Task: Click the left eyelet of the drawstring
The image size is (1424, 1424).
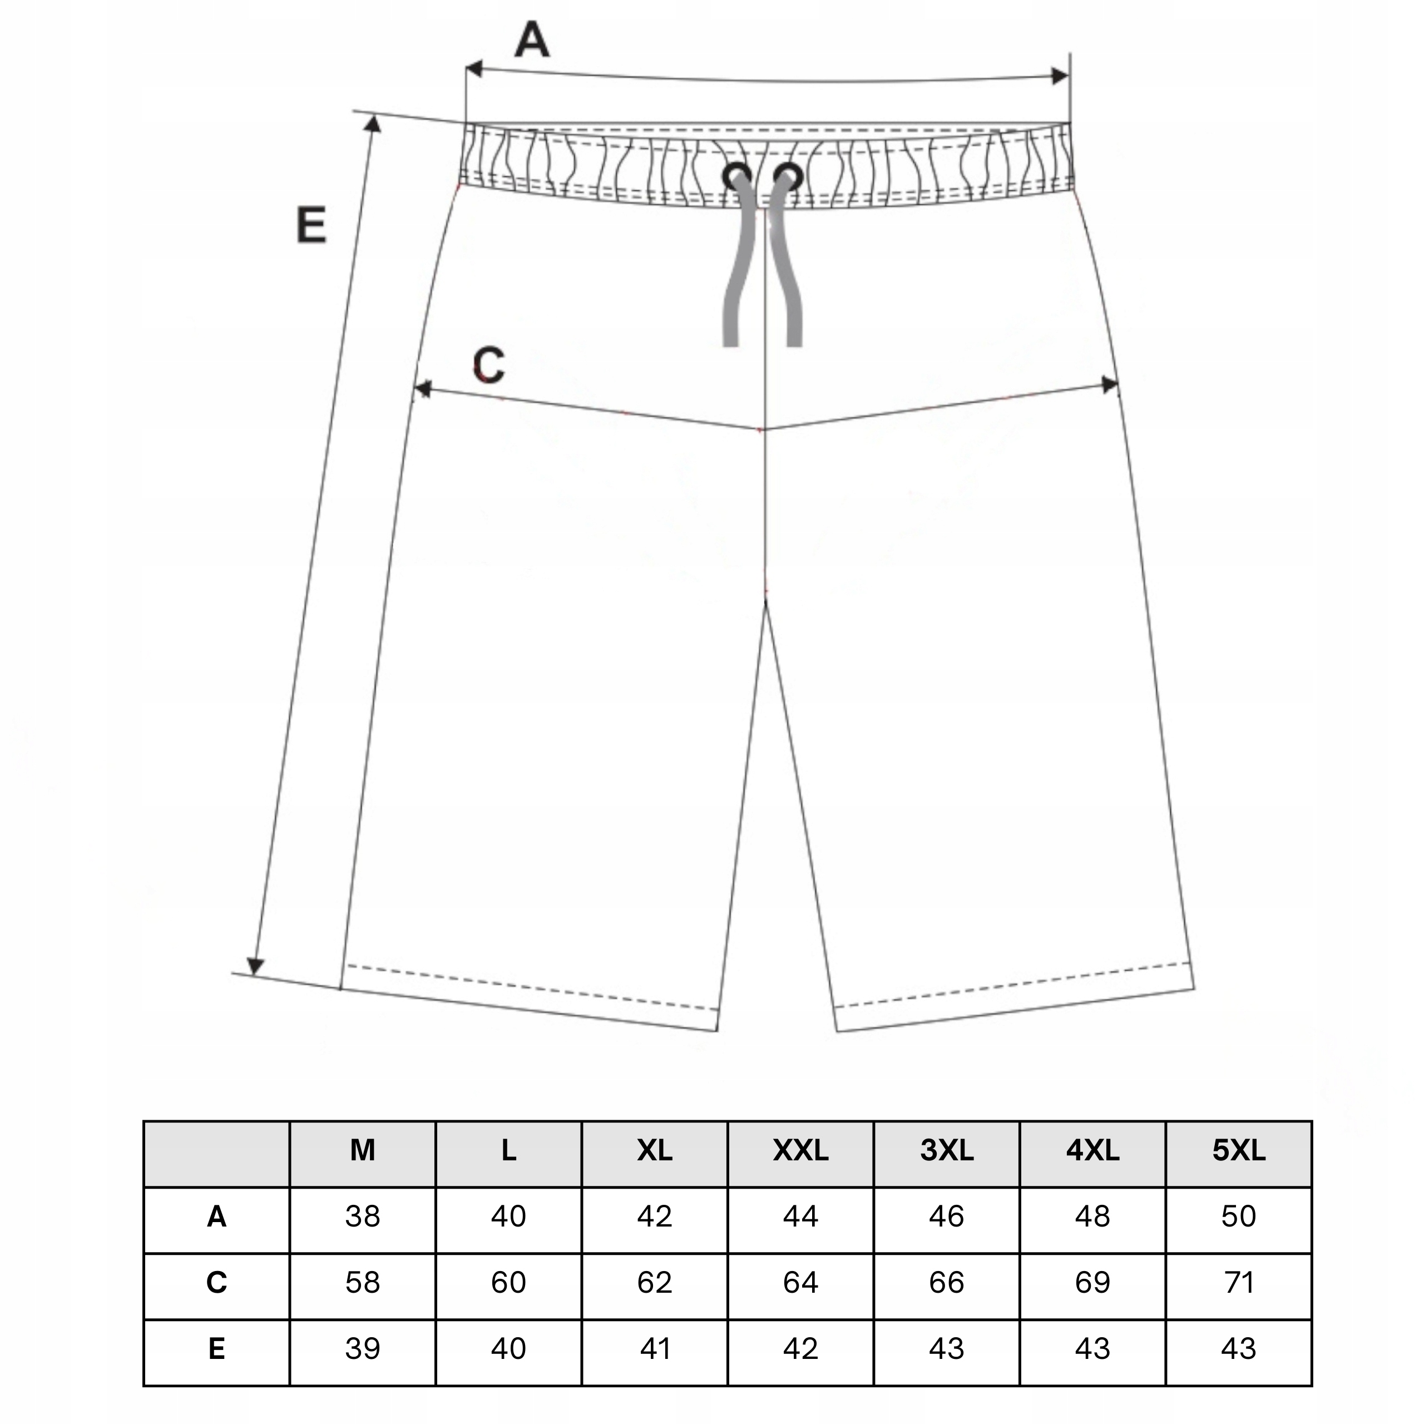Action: pos(736,176)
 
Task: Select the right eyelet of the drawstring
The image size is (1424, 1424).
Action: pos(788,176)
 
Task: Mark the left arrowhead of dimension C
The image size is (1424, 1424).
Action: pos(422,388)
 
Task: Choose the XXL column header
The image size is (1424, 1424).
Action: pos(800,1150)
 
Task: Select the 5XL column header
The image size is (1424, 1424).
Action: pos(1238,1150)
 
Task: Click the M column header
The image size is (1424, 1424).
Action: pos(363,1150)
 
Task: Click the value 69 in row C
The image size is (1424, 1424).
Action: pos(1092,1283)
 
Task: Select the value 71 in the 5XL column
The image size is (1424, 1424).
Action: pos(1238,1283)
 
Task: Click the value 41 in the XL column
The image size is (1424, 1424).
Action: pos(655,1349)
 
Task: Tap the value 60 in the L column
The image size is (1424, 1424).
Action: pos(508,1283)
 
